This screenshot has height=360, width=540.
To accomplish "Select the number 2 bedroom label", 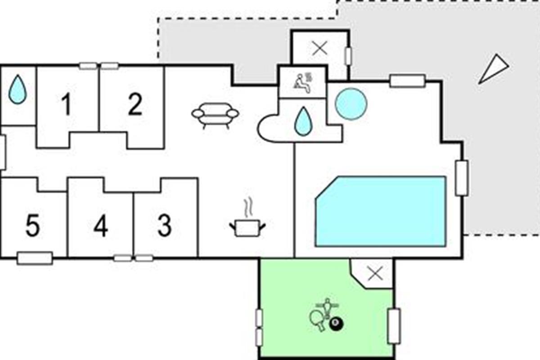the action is click(135, 104).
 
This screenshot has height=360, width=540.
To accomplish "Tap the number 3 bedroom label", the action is click(165, 225).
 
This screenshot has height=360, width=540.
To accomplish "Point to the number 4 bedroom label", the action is click(101, 225).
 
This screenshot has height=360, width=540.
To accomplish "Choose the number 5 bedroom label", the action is click(33, 225).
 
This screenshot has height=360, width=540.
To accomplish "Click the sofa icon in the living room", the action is click(215, 115).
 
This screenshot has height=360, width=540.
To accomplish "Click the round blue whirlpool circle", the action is click(351, 104).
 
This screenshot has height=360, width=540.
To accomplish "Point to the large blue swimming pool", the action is click(381, 211).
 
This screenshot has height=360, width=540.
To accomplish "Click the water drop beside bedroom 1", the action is click(18, 89).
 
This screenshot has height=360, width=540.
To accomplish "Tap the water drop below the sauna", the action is click(303, 121).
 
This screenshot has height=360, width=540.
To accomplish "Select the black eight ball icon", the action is click(336, 324).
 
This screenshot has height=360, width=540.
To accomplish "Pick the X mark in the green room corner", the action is click(376, 274).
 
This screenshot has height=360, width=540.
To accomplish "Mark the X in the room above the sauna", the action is click(319, 48).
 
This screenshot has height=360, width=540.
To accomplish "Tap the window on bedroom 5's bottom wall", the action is click(35, 258).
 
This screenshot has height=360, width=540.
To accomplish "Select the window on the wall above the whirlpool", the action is click(408, 81).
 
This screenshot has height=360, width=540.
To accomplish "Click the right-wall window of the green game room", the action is click(394, 326).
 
